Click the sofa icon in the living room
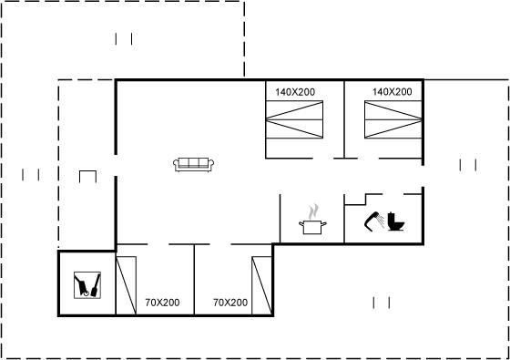pos(193,165)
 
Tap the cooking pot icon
pos(312,227)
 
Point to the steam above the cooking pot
pos(313,211)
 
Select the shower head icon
pos(374,221)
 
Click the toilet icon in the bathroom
pos(396,221)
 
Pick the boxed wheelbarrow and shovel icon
pos(87,285)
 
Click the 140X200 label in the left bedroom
pos(295,92)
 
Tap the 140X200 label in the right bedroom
pos(392,92)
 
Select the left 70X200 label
pos(162,303)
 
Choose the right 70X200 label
pos(230,303)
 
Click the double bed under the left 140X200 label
pos(294,119)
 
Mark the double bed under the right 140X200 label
pos(393,119)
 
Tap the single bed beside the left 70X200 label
pos(127,286)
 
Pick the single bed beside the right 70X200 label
pos(261,286)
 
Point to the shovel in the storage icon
pos(96,285)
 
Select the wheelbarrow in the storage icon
pos(81,285)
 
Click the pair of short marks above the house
pos(124,38)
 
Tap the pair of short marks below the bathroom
pos(382,303)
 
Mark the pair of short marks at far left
pos(31,175)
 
